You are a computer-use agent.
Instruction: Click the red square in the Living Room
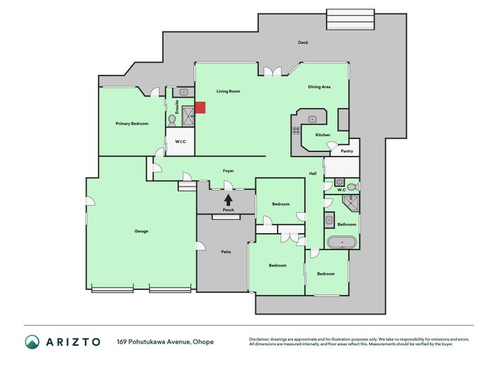[200, 107]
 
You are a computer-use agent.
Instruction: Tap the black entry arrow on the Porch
[228, 200]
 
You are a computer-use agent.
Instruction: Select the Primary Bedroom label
[132, 123]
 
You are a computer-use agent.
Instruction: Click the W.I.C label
[180, 141]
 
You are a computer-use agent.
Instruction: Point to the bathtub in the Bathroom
[342, 242]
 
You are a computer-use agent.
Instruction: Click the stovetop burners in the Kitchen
[296, 130]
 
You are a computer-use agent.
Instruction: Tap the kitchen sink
[312, 119]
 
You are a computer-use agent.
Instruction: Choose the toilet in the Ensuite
[172, 120]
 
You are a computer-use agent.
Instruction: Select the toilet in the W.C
[353, 186]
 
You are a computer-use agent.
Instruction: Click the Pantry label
[347, 151]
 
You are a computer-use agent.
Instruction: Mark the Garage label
[142, 231]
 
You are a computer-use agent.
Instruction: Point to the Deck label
[303, 42]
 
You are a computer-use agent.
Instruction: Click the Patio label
[226, 252]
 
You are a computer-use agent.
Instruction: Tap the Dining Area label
[319, 87]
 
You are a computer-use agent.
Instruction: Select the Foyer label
[228, 171]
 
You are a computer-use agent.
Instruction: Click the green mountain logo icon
[32, 342]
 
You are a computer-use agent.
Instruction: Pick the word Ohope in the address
[203, 342]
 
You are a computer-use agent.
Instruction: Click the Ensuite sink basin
[183, 92]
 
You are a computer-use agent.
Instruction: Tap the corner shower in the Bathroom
[351, 204]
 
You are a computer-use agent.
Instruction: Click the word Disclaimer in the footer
[259, 339]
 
